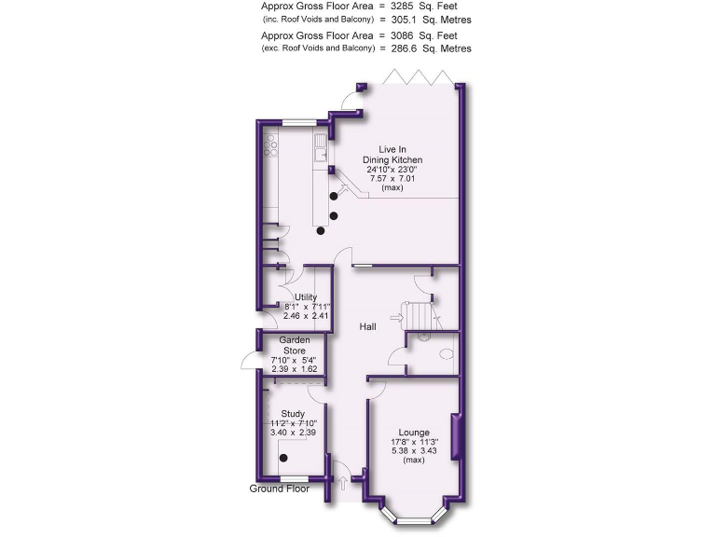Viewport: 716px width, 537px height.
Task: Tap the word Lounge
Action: click(x=413, y=433)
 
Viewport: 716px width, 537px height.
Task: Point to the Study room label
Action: click(x=294, y=413)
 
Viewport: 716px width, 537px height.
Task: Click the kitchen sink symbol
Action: click(x=320, y=144)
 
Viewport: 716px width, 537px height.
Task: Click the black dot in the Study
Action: click(x=284, y=458)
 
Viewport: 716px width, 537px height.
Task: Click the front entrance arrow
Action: click(x=342, y=482)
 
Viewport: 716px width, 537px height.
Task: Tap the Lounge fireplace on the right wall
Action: click(x=457, y=436)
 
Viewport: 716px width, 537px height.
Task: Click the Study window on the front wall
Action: click(x=296, y=479)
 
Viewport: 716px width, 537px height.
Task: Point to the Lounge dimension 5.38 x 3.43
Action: click(x=413, y=451)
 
